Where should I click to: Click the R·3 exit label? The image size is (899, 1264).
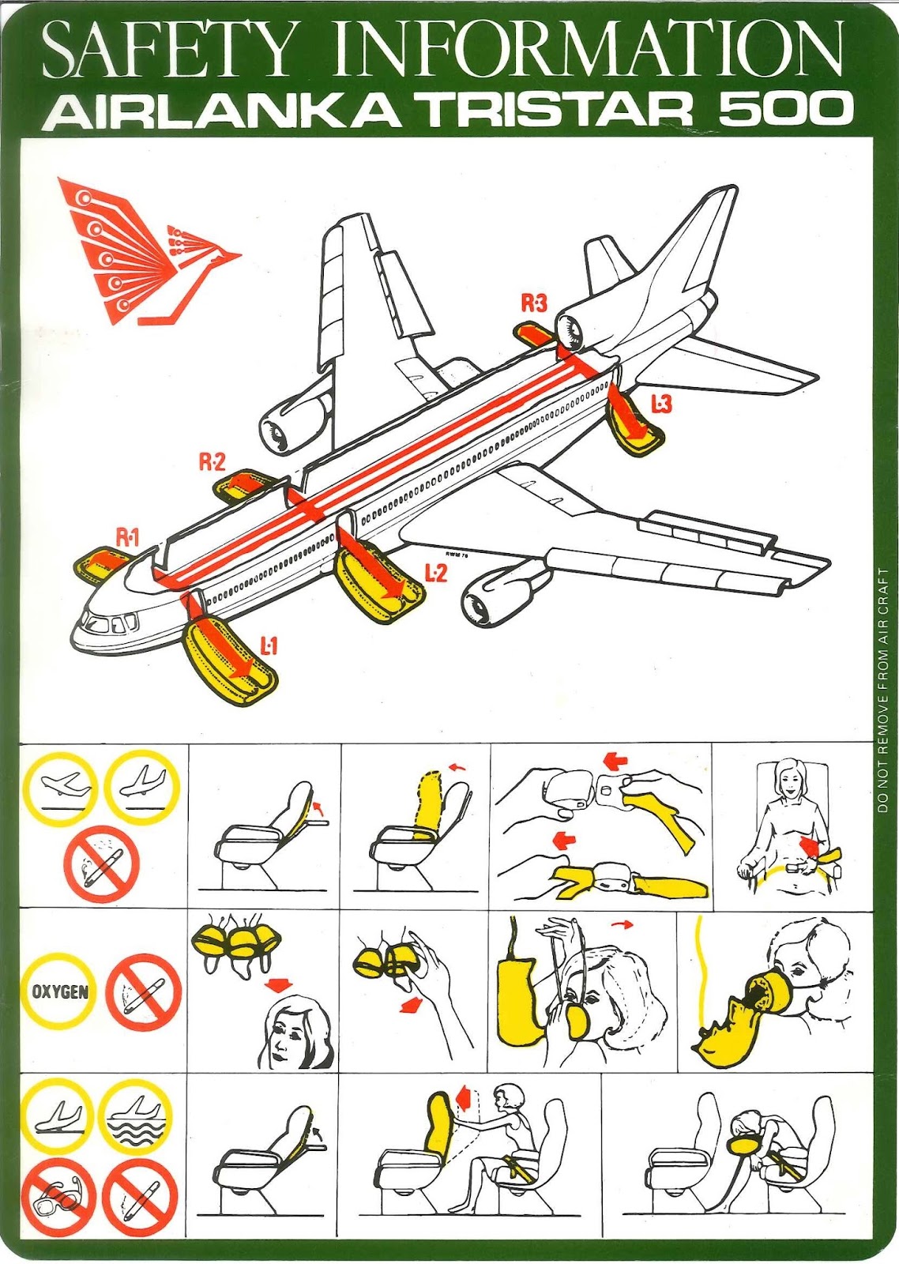coord(534,303)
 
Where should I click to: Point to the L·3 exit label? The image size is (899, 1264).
coord(662,404)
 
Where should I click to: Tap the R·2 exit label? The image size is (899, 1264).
coord(213,461)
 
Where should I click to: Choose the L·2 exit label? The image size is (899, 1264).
coord(435,573)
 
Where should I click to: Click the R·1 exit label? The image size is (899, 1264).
coord(126,538)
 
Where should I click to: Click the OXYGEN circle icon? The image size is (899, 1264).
coord(60,991)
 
